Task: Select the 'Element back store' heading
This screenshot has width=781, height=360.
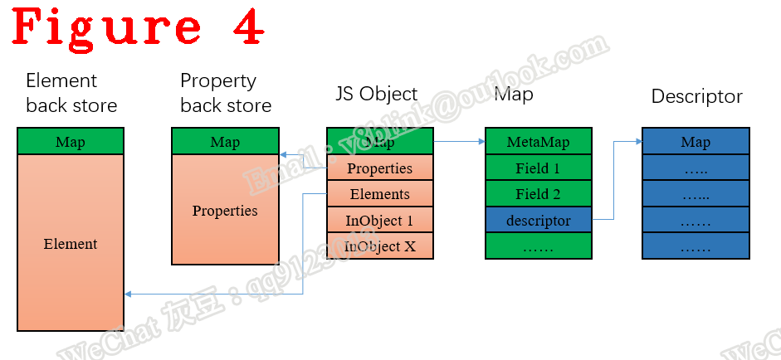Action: pos(71,93)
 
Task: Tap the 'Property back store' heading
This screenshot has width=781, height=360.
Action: pos(226,93)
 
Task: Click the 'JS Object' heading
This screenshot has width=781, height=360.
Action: pos(376,94)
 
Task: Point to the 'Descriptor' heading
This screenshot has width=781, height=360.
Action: pos(696,96)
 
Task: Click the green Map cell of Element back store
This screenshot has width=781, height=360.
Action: pos(71,142)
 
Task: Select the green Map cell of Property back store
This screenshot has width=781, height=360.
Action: pos(225,142)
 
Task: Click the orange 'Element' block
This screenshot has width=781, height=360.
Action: pos(71,244)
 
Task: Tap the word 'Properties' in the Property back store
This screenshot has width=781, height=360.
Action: pos(225,211)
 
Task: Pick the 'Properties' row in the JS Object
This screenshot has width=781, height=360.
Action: pos(379,168)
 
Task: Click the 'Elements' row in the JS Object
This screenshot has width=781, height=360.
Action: pos(379,194)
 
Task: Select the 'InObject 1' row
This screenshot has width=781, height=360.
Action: pos(379,221)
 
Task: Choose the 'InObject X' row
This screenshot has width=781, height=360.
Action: pos(379,246)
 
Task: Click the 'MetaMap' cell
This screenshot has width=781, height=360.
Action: pos(538,142)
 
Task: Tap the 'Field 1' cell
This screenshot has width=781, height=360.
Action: pos(538,168)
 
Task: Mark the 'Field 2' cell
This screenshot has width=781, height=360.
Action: pos(538,194)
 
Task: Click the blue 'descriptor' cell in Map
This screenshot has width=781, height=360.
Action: pos(538,221)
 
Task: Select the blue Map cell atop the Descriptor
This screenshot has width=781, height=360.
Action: pos(696,142)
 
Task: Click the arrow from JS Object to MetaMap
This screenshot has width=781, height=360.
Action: pos(459,142)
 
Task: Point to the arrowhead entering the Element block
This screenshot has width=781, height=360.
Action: pos(128,294)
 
